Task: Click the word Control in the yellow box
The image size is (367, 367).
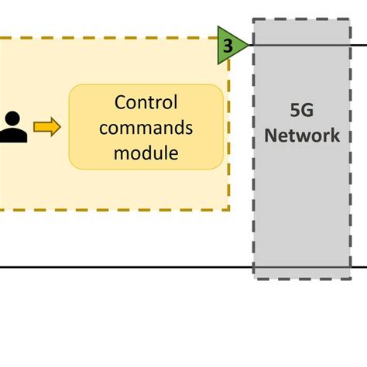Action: [x=146, y=103]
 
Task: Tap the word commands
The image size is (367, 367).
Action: [x=146, y=128]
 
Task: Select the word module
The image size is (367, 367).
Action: [x=146, y=153]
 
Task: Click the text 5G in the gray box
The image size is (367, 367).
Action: [x=301, y=110]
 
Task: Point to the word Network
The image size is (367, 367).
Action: [x=301, y=135]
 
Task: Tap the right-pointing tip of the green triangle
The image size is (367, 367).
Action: [x=249, y=45]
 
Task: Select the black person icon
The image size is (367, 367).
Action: [x=12, y=128]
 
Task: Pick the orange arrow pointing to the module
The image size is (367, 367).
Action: [x=47, y=128]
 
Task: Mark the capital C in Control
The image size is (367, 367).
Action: [x=120, y=103]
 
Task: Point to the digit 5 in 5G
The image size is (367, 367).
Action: [x=293, y=110]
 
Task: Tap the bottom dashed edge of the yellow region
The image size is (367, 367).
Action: [x=116, y=210]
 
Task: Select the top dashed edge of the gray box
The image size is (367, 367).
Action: [x=301, y=20]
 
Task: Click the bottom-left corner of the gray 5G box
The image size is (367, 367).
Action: [x=254, y=276]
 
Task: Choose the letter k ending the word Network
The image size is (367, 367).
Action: [x=334, y=135]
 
